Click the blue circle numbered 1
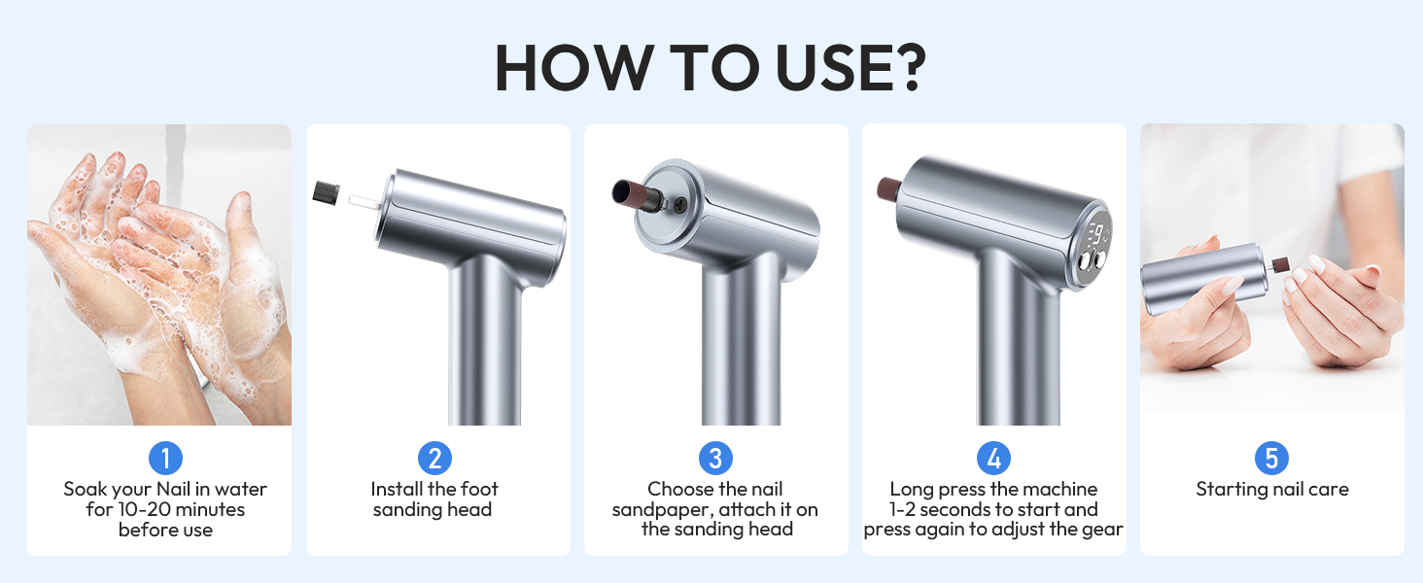(166, 458)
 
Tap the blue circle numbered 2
(435, 458)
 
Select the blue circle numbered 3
(715, 458)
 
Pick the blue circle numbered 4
(993, 458)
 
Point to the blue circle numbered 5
(1271, 458)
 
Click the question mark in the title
(904, 67)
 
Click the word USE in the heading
(827, 67)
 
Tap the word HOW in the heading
(574, 67)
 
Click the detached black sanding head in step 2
(326, 192)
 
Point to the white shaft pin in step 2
(364, 201)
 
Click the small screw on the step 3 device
(680, 204)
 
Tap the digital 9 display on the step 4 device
(1097, 235)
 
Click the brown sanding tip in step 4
(889, 188)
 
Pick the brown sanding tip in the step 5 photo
(1279, 265)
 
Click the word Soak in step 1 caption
(86, 489)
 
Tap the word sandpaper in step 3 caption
(661, 510)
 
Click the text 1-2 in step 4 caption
(902, 509)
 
